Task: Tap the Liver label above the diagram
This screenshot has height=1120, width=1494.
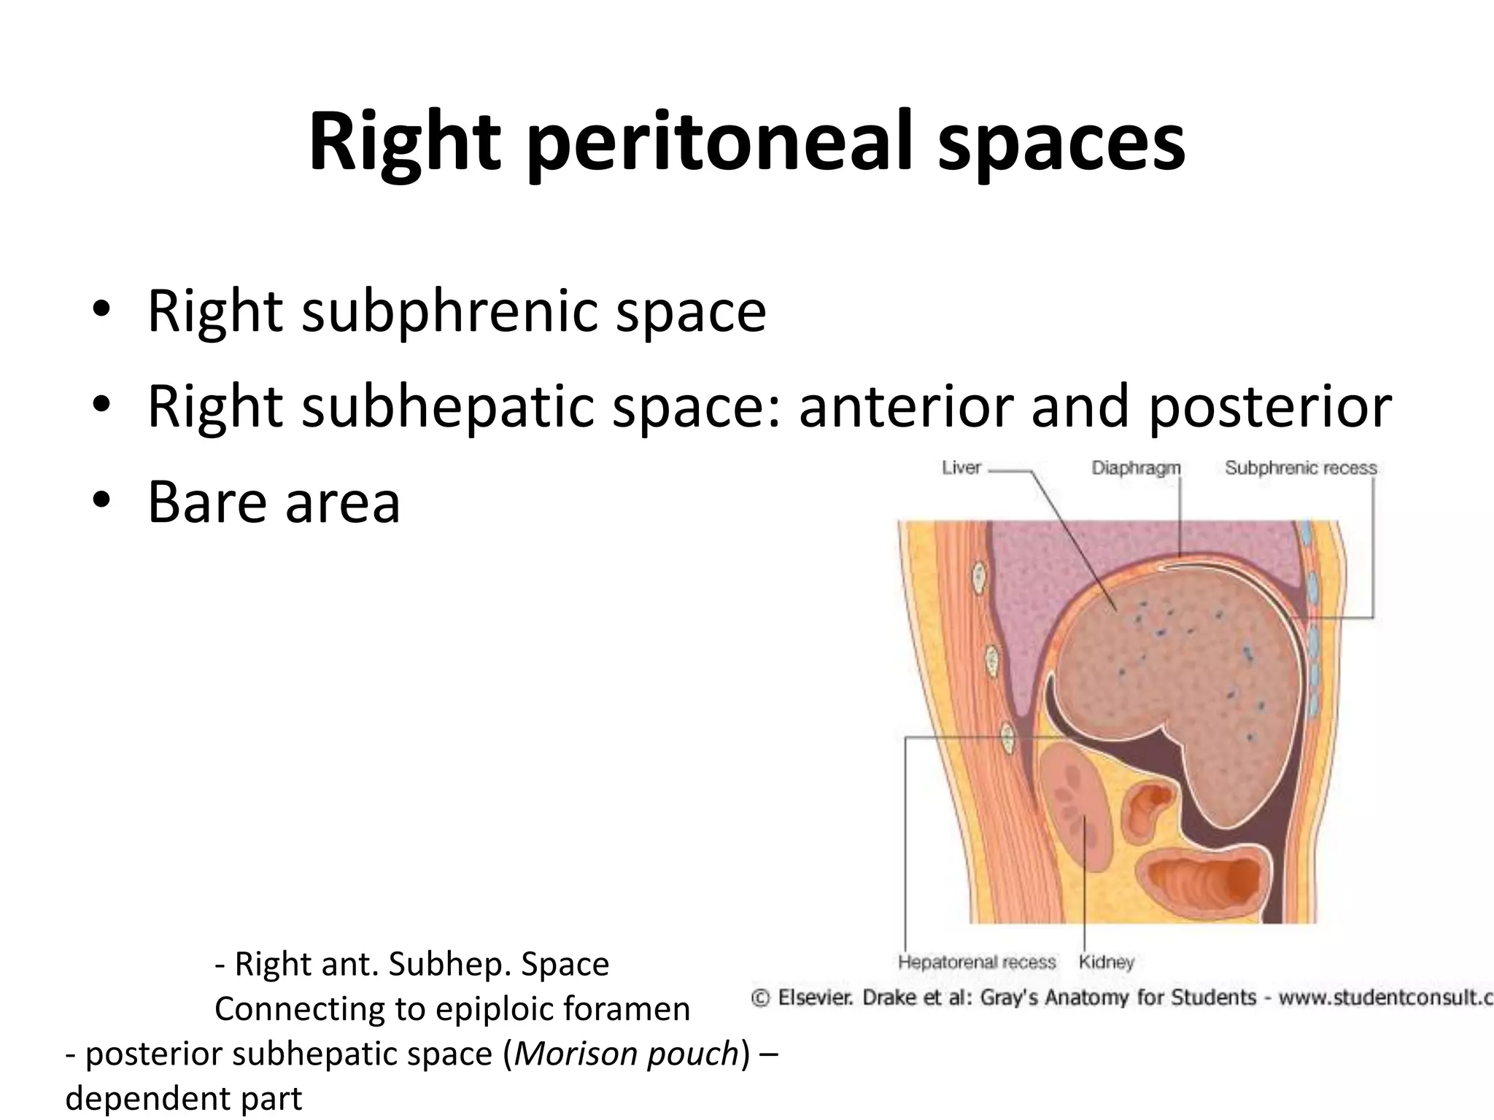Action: point(961,468)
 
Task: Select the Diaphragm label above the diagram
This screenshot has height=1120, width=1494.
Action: point(1136,468)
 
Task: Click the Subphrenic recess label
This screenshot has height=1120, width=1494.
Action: point(1301,468)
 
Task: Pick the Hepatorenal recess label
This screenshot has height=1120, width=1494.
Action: point(977,962)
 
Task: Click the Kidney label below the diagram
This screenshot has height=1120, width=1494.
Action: point(1106,962)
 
